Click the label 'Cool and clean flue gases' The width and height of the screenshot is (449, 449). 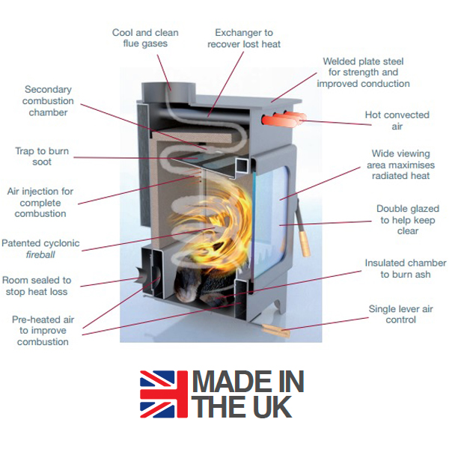144,38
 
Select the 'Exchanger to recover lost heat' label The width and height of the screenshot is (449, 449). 244,38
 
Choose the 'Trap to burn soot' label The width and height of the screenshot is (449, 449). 42,157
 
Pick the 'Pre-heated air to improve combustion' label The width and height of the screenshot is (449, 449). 40,330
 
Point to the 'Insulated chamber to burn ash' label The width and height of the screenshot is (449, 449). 405,269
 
